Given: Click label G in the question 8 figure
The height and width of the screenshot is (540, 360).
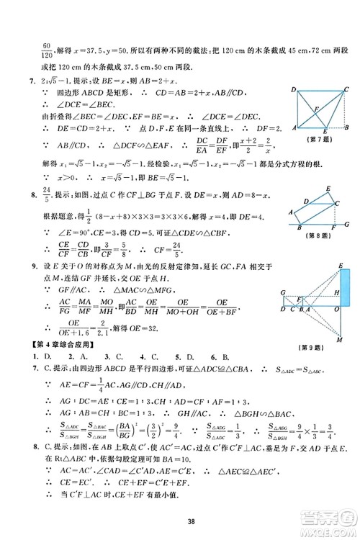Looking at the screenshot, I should click(347, 225).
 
